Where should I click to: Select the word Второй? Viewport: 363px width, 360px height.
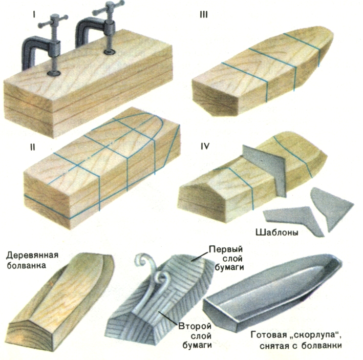193,325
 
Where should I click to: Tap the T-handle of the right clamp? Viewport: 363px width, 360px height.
108,8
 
